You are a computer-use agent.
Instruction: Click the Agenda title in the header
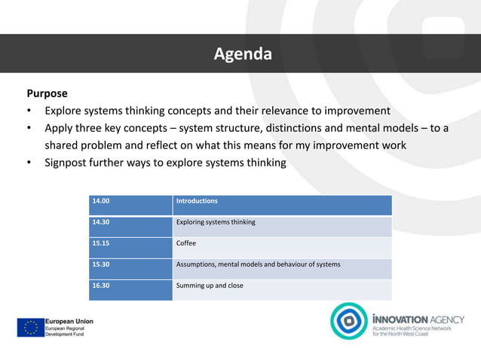(241, 54)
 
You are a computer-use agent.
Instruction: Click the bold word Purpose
(47, 94)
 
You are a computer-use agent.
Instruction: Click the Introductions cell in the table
(197, 201)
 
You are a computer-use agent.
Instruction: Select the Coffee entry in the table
(186, 244)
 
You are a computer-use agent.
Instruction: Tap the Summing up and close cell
(210, 286)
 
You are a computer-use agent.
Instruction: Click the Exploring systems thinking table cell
(216, 223)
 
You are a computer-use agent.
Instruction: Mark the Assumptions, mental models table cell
(257, 265)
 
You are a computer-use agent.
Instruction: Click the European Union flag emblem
(31, 327)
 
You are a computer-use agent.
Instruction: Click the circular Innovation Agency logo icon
(350, 322)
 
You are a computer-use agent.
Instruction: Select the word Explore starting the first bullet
(66, 111)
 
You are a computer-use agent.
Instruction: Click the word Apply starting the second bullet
(60, 128)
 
